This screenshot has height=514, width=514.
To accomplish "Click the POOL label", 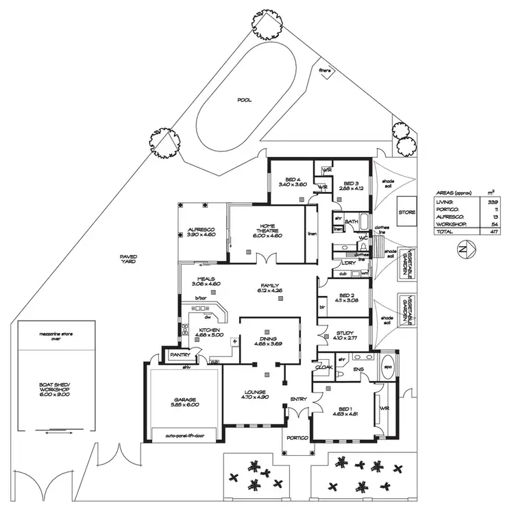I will point(244,99).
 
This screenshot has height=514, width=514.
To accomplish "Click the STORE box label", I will point(407,212).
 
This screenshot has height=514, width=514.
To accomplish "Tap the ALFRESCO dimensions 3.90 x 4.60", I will point(201,235).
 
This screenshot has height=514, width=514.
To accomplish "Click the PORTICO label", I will point(299,438).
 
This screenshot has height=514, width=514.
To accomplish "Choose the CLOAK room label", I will point(323,368).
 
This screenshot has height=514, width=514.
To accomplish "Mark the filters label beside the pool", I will point(325,70).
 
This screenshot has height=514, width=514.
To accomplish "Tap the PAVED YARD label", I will point(128,259).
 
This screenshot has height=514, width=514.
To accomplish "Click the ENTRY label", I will point(299,398).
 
